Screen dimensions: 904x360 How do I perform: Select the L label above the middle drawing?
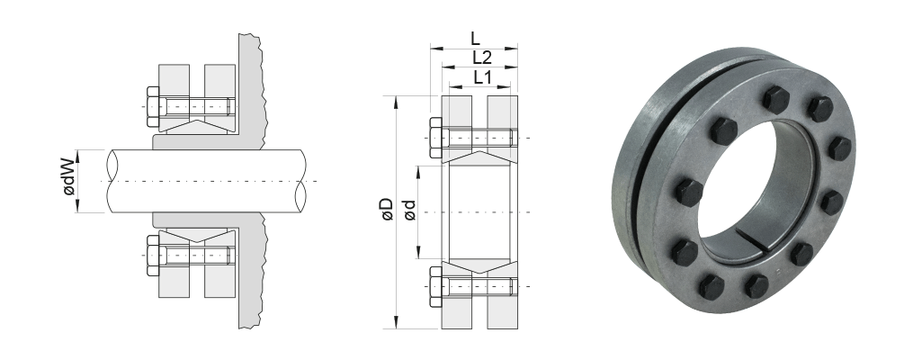474,39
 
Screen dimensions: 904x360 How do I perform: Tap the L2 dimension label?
481,58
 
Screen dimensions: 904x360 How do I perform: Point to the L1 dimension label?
481,76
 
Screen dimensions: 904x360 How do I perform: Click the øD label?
386,210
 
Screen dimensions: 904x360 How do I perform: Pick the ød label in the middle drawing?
409,210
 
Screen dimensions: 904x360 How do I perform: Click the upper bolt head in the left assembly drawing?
153,107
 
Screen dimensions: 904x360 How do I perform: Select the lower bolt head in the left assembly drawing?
153,256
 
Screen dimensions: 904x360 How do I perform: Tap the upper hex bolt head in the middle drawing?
436,138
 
